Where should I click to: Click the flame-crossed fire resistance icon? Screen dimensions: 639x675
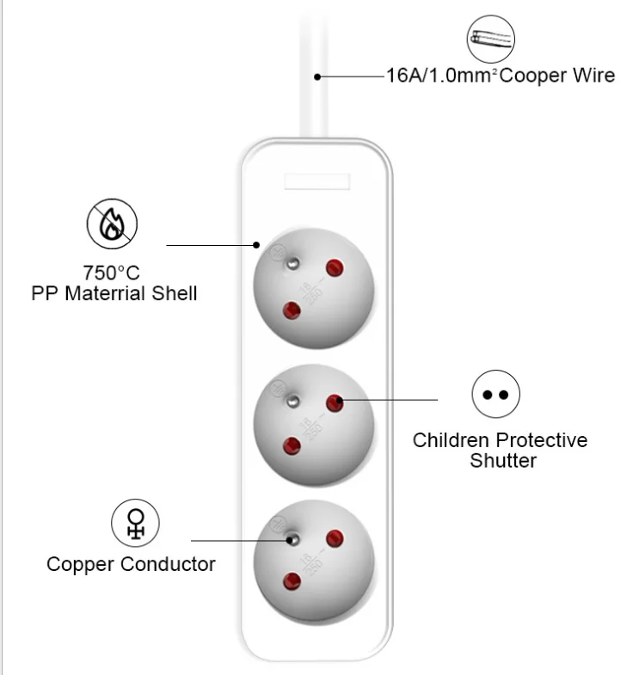tap(112, 224)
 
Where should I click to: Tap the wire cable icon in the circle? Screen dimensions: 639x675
tap(491, 40)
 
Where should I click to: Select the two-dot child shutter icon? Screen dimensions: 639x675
tap(495, 394)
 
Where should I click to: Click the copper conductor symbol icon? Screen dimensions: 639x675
tap(135, 523)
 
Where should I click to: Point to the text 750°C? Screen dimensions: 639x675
tap(112, 273)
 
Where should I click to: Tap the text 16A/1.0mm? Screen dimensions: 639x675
tap(441, 76)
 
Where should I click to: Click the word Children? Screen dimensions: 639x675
tap(451, 440)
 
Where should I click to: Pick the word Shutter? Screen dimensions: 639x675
tap(503, 460)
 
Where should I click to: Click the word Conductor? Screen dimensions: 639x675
tap(168, 564)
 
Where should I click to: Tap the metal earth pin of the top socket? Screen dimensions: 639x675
tap(292, 263)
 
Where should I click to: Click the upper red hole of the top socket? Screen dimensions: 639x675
tap(335, 267)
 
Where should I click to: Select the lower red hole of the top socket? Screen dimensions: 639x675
tap(292, 310)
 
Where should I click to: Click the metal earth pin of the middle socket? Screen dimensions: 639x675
tap(292, 402)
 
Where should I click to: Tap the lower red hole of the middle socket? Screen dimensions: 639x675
tap(292, 446)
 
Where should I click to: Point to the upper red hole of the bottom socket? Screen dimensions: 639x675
tap(335, 538)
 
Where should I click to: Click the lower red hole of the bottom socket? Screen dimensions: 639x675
tap(292, 581)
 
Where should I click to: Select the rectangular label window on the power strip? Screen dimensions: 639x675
tap(316, 181)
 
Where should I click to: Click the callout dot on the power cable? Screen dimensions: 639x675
tap(317, 77)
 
